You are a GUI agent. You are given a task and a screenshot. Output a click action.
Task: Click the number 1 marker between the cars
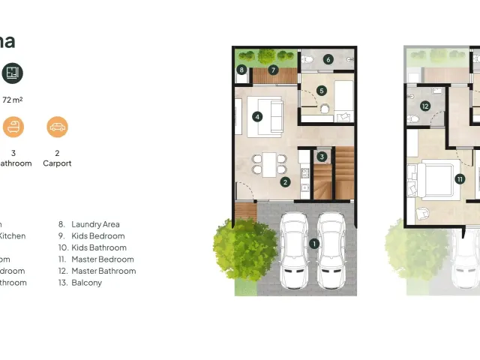[x=314, y=243]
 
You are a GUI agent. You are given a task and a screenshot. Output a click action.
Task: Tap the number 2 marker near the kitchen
[x=285, y=181]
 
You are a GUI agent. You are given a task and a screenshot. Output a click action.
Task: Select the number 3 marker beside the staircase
[x=322, y=157]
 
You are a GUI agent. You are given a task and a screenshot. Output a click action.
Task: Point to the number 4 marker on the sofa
[x=257, y=117]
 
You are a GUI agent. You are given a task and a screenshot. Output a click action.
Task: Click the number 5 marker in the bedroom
[x=322, y=91]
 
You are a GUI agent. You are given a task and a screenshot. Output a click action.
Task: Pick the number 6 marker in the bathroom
[x=328, y=59]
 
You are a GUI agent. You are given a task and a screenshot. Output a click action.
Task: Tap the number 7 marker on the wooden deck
[x=273, y=70]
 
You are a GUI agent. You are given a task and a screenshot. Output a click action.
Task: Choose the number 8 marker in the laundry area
[x=241, y=70]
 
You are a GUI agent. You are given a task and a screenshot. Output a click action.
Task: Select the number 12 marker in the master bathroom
[x=424, y=106]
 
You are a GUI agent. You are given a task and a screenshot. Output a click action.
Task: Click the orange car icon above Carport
[x=57, y=127]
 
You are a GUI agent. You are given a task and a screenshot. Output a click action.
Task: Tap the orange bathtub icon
[x=13, y=127]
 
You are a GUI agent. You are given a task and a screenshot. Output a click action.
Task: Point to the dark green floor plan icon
[x=13, y=73]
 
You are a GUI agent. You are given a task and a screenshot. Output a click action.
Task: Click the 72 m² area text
[x=13, y=99]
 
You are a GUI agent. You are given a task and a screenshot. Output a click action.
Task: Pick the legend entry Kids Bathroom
[x=99, y=247]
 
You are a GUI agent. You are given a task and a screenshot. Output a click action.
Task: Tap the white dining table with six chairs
[x=268, y=163]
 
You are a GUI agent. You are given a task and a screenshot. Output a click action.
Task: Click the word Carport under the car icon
[x=57, y=163]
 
